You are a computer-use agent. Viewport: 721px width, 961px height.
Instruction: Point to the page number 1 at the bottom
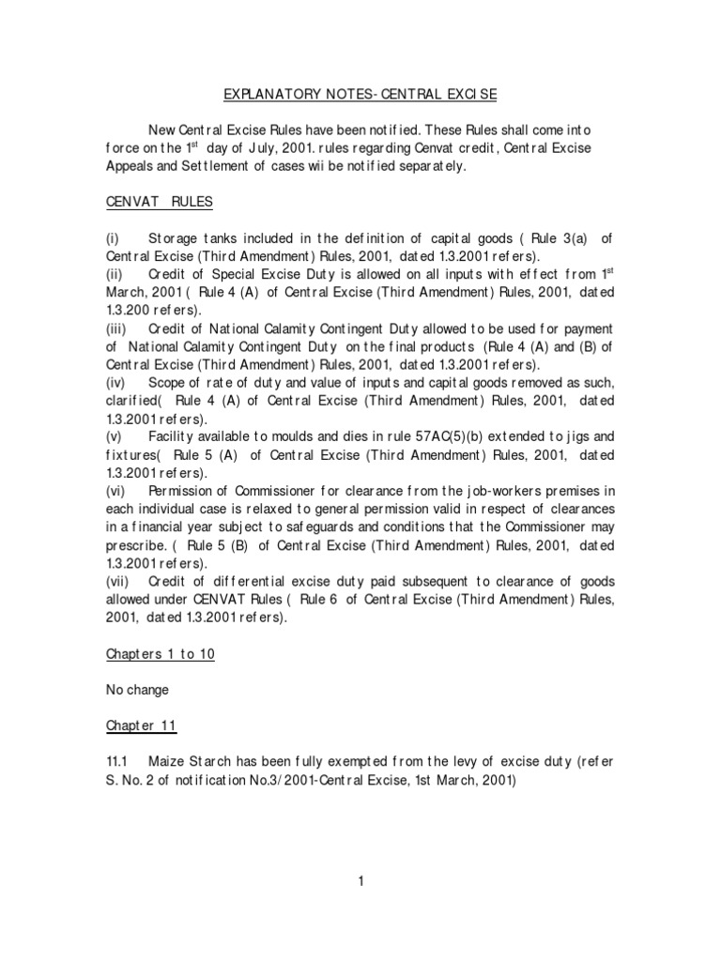pyautogui.click(x=360, y=879)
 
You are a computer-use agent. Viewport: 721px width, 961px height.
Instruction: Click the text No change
pyautogui.click(x=137, y=690)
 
